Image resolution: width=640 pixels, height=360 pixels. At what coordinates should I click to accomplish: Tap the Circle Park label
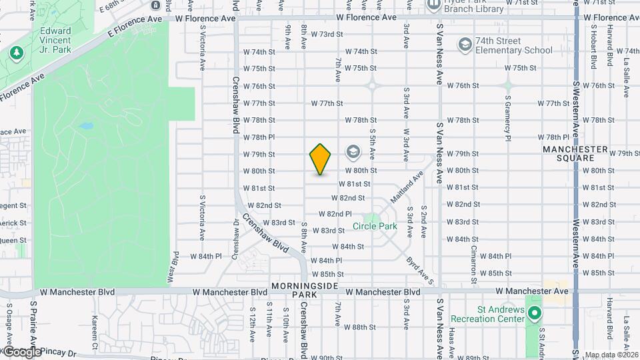click(x=375, y=226)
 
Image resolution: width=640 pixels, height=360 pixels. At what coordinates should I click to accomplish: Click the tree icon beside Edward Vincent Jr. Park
click(x=15, y=51)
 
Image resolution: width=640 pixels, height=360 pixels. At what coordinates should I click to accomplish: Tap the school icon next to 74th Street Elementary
click(x=464, y=44)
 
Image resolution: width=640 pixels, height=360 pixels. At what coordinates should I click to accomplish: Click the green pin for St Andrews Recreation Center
click(x=536, y=313)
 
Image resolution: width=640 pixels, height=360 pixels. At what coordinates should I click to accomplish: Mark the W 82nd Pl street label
click(x=335, y=214)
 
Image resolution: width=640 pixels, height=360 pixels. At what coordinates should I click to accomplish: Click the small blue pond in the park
click(x=85, y=126)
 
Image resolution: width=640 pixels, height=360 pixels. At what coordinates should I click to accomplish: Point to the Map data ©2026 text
click(x=611, y=355)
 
